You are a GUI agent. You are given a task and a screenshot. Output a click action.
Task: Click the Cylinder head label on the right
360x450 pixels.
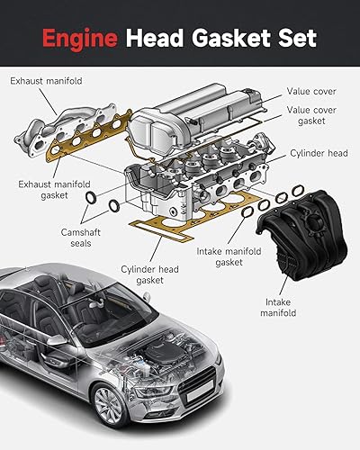(318, 153)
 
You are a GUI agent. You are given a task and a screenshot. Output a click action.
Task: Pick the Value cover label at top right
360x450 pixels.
(311, 91)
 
